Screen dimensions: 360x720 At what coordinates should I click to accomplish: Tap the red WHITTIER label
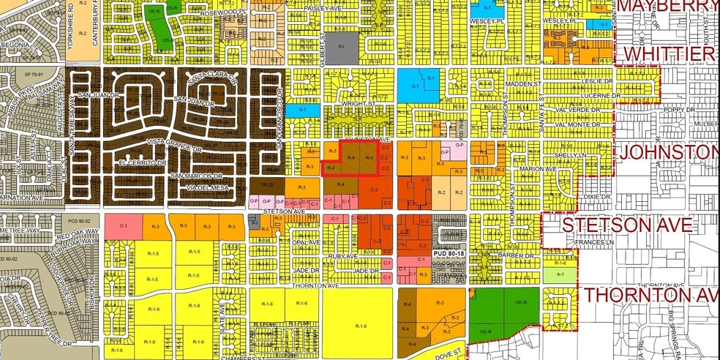pyautogui.click(x=668, y=55)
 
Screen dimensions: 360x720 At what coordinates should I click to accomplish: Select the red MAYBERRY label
pyautogui.click(x=668, y=7)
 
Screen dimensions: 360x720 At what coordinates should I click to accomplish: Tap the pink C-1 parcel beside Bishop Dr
pyautogui.click(x=124, y=227)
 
